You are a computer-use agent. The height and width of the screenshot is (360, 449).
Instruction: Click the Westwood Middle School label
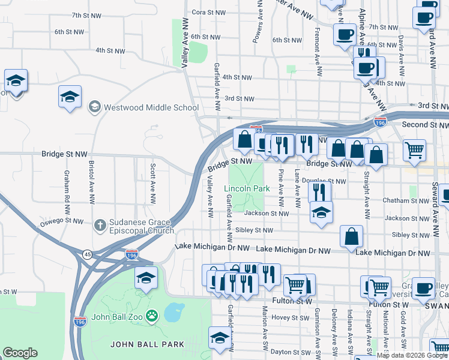point(151,107)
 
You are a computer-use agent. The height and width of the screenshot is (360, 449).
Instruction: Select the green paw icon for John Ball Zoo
point(152,314)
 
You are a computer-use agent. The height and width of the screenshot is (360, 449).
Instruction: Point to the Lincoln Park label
point(247,188)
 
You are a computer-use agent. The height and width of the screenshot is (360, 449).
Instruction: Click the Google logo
point(20,353)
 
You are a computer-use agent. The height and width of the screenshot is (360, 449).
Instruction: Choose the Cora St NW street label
point(208,12)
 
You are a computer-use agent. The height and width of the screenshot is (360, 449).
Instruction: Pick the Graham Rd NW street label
point(67,186)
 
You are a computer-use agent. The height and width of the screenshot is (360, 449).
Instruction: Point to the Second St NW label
point(425,125)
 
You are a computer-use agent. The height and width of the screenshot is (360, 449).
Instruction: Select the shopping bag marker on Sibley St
point(352,236)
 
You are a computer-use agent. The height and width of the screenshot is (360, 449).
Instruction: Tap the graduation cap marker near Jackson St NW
point(321,213)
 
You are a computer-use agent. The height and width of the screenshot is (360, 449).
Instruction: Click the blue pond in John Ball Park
point(173,312)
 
